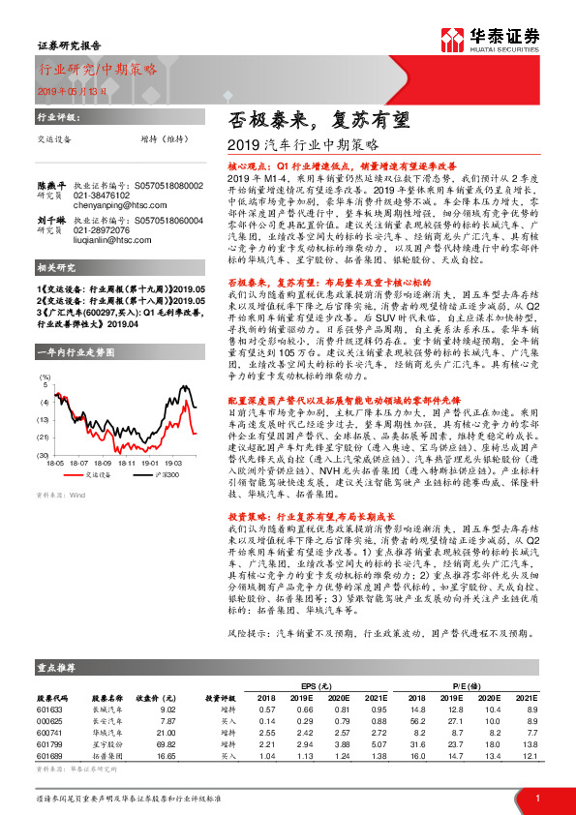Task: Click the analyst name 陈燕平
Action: click(x=51, y=184)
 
